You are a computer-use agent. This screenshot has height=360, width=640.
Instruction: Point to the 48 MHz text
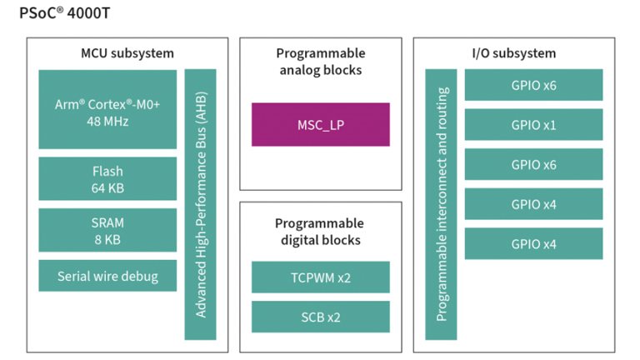[x=107, y=122]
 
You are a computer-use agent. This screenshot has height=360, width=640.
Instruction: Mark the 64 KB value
[x=107, y=188]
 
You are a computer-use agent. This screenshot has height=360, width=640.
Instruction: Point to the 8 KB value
[x=107, y=239]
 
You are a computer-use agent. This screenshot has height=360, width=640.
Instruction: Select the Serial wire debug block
[x=107, y=276]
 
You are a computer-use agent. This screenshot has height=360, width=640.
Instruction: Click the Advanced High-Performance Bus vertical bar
[x=200, y=204]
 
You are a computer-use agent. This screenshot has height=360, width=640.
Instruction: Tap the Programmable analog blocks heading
[x=320, y=62]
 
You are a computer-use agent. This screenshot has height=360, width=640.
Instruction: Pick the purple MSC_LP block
[x=320, y=124]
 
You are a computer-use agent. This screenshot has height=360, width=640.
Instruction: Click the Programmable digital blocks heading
[x=320, y=232]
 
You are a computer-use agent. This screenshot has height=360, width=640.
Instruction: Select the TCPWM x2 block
[x=320, y=277]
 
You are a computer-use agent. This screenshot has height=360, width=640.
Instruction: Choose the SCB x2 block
[x=320, y=317]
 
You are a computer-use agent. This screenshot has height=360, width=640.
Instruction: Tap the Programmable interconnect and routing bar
[x=441, y=204]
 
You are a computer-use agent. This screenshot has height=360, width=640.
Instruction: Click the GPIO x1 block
[x=533, y=125]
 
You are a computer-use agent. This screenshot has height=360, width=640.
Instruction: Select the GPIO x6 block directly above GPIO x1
[x=533, y=85]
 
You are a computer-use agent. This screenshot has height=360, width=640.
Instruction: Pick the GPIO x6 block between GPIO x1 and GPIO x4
[x=533, y=165]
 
